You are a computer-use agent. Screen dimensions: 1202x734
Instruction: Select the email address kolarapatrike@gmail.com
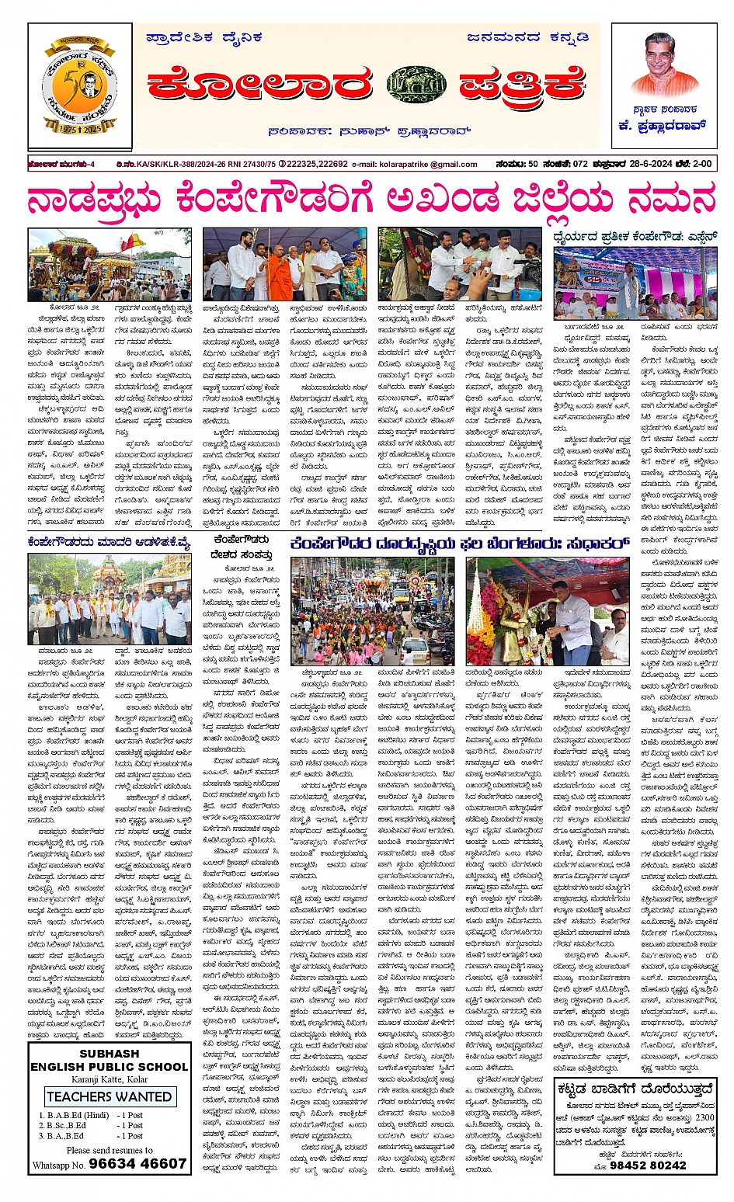click(x=426, y=165)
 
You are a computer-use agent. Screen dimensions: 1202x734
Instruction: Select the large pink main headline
click(x=370, y=201)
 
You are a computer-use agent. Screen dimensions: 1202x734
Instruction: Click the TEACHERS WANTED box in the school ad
click(x=110, y=1096)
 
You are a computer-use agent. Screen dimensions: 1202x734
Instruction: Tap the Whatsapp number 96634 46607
click(x=138, y=1163)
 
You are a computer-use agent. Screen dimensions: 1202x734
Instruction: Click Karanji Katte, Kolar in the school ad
click(x=110, y=1079)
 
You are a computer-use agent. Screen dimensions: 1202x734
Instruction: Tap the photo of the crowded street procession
click(x=374, y=612)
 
